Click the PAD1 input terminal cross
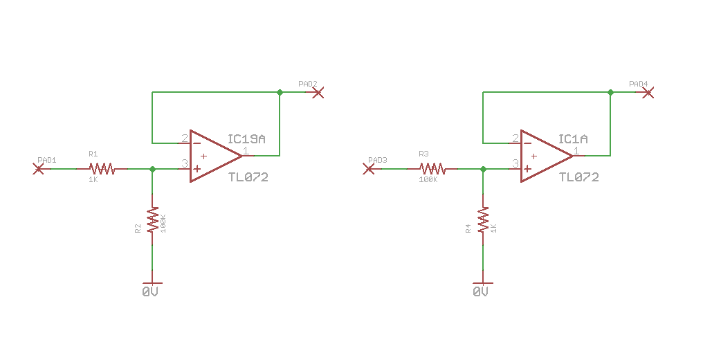pos(38,168)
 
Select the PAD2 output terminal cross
pos(318,92)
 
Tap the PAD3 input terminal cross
pos(369,168)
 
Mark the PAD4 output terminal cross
pos(648,92)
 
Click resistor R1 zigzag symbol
pos(102,168)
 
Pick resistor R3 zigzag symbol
pos(432,168)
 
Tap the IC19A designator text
pos(246,139)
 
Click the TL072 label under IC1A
pos(578,177)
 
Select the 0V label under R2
pos(150,293)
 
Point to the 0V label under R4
pos(481,293)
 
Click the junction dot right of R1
pos(152,168)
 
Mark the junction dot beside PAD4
pos(610,92)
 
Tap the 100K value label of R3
pos(428,180)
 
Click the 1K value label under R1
pos(93,180)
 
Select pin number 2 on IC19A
pos(185,138)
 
